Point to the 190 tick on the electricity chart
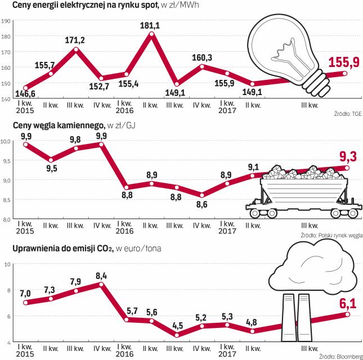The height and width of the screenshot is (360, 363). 7,21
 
